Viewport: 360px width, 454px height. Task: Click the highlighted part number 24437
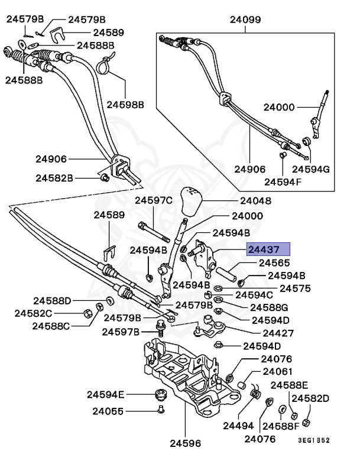point(268,249)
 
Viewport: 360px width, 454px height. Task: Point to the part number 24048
point(255,201)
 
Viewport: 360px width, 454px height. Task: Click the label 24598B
point(125,105)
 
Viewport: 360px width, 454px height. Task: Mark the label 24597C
point(153,201)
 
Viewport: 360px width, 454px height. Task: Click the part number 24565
point(274,262)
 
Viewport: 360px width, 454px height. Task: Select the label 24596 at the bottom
point(185,442)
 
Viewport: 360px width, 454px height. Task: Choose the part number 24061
point(278,372)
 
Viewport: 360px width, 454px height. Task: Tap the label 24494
point(238,425)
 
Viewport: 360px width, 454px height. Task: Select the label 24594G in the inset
point(313,169)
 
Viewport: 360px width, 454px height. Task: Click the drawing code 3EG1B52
point(313,440)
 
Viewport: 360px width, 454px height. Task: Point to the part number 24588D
point(52,300)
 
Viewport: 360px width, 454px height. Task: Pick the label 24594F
point(283,181)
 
